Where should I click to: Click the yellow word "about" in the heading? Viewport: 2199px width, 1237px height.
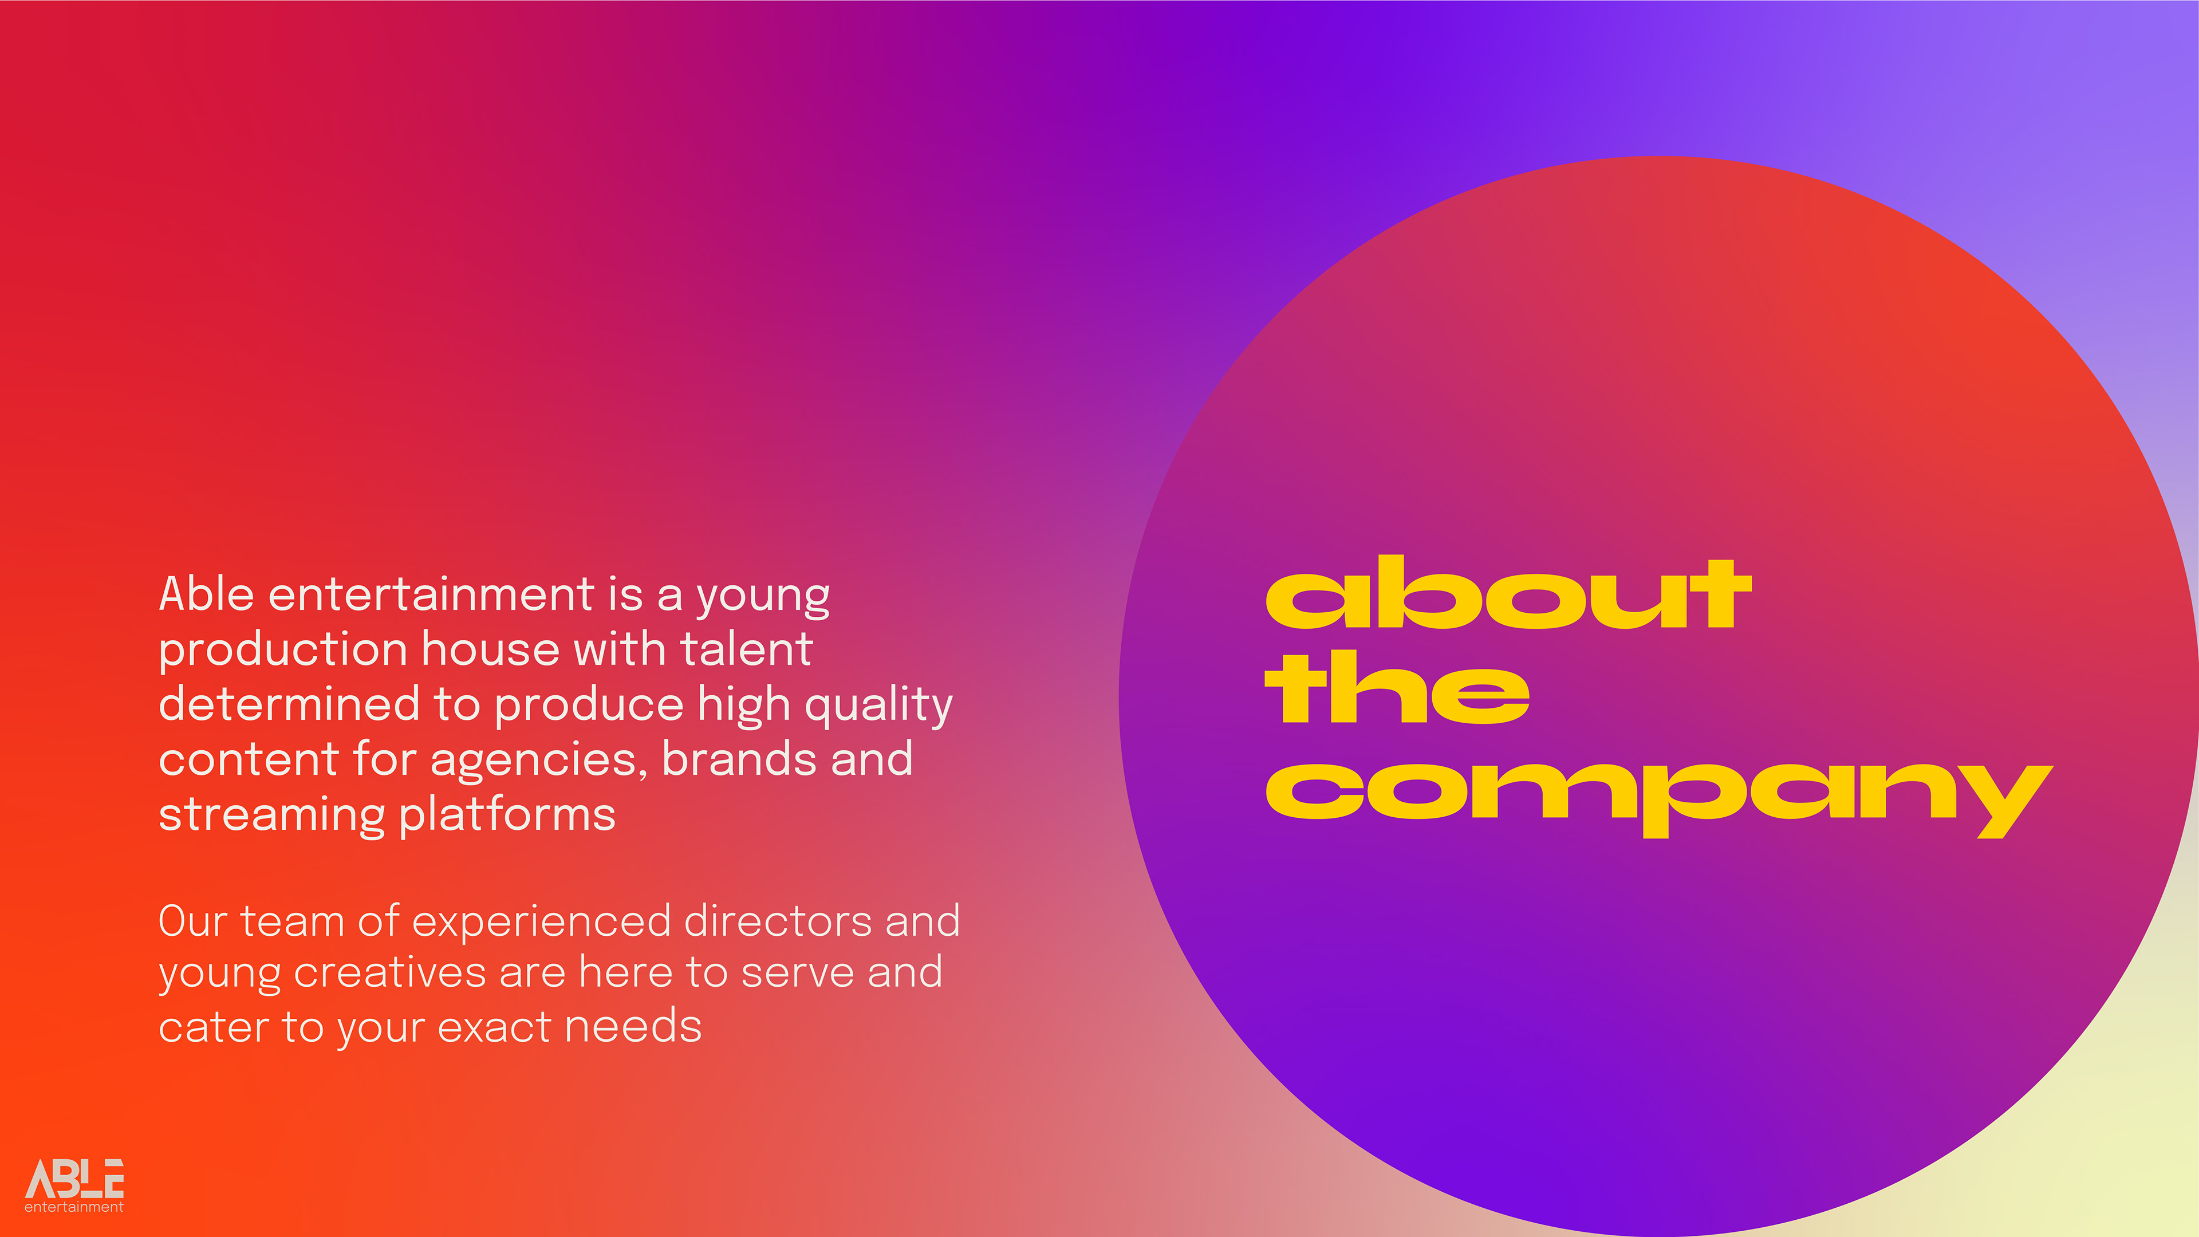point(1508,593)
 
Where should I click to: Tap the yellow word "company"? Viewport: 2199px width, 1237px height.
point(1658,799)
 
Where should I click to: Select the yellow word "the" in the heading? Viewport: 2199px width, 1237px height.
point(1397,687)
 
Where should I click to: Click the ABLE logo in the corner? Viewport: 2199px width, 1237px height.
point(74,1185)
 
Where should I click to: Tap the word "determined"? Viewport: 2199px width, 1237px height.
point(289,704)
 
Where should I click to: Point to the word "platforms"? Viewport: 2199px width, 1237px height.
point(507,816)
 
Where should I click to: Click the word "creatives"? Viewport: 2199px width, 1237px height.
point(389,973)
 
